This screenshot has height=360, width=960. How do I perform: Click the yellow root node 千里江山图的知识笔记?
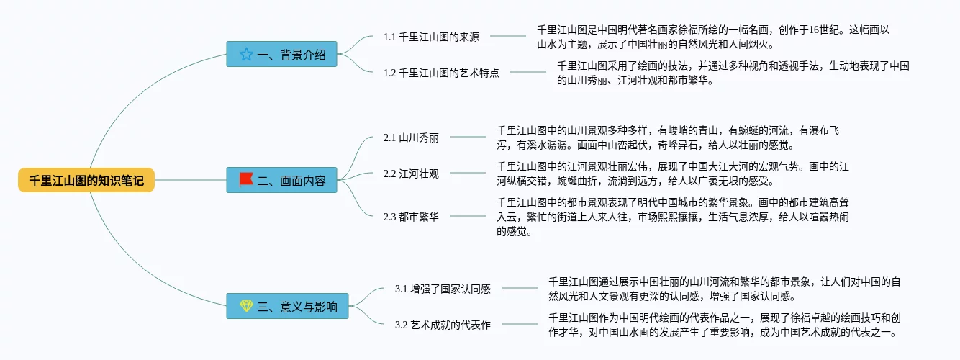tap(86, 180)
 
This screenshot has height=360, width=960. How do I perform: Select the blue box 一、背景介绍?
tap(281, 54)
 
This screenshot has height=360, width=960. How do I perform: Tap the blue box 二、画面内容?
tap(281, 180)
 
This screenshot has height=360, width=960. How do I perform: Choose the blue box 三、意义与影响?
tap(287, 306)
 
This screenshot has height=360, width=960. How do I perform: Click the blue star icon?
tap(246, 54)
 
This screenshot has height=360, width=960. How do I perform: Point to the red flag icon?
tap(246, 179)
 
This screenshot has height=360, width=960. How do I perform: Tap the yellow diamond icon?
tap(246, 305)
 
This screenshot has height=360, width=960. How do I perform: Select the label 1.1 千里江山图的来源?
tap(431, 37)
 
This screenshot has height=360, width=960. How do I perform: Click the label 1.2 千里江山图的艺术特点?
tap(441, 73)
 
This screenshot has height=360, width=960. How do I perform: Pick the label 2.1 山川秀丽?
tap(411, 138)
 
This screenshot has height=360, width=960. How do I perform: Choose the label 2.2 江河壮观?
tap(411, 174)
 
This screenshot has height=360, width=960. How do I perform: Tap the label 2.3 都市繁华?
tap(411, 217)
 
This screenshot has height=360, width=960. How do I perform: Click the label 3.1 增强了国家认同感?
tap(443, 289)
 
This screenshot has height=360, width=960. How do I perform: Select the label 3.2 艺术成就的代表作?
tap(443, 325)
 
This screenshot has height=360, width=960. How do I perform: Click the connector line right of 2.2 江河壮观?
tap(468, 173)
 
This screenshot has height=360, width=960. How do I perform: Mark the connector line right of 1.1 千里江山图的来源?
tap(508, 36)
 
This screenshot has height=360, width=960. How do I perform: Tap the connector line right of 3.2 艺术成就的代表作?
tap(520, 324)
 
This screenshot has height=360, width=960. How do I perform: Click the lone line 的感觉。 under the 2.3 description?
tap(515, 231)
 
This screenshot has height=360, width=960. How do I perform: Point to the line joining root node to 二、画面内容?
tap(190, 180)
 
